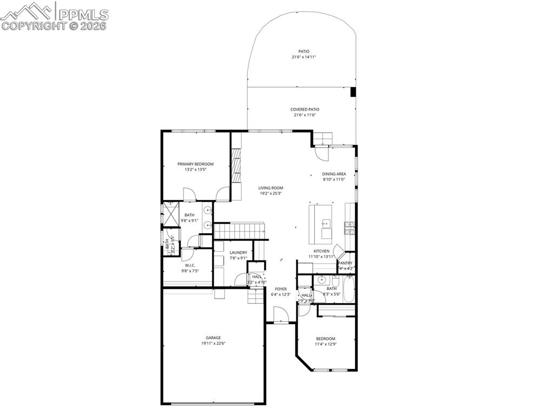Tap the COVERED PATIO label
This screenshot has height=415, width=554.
[305, 109]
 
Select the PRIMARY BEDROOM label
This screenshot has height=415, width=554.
[195, 164]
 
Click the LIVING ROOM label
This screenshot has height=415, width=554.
[271, 188]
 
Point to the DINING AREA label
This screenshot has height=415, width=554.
[334, 174]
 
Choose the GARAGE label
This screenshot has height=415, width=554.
[213, 338]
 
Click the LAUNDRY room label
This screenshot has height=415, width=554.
[238, 253]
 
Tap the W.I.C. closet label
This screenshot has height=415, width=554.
[190, 265]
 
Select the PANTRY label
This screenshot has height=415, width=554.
[345, 263]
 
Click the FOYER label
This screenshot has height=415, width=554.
[281, 289]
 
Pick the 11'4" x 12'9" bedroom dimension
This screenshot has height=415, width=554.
[326, 344]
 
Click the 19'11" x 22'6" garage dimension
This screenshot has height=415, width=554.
[213, 343]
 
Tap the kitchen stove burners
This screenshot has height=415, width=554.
[349, 228]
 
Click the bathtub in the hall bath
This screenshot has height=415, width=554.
[348, 289]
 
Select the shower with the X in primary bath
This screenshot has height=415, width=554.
[172, 215]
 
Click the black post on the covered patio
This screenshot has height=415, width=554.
[353, 92]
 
